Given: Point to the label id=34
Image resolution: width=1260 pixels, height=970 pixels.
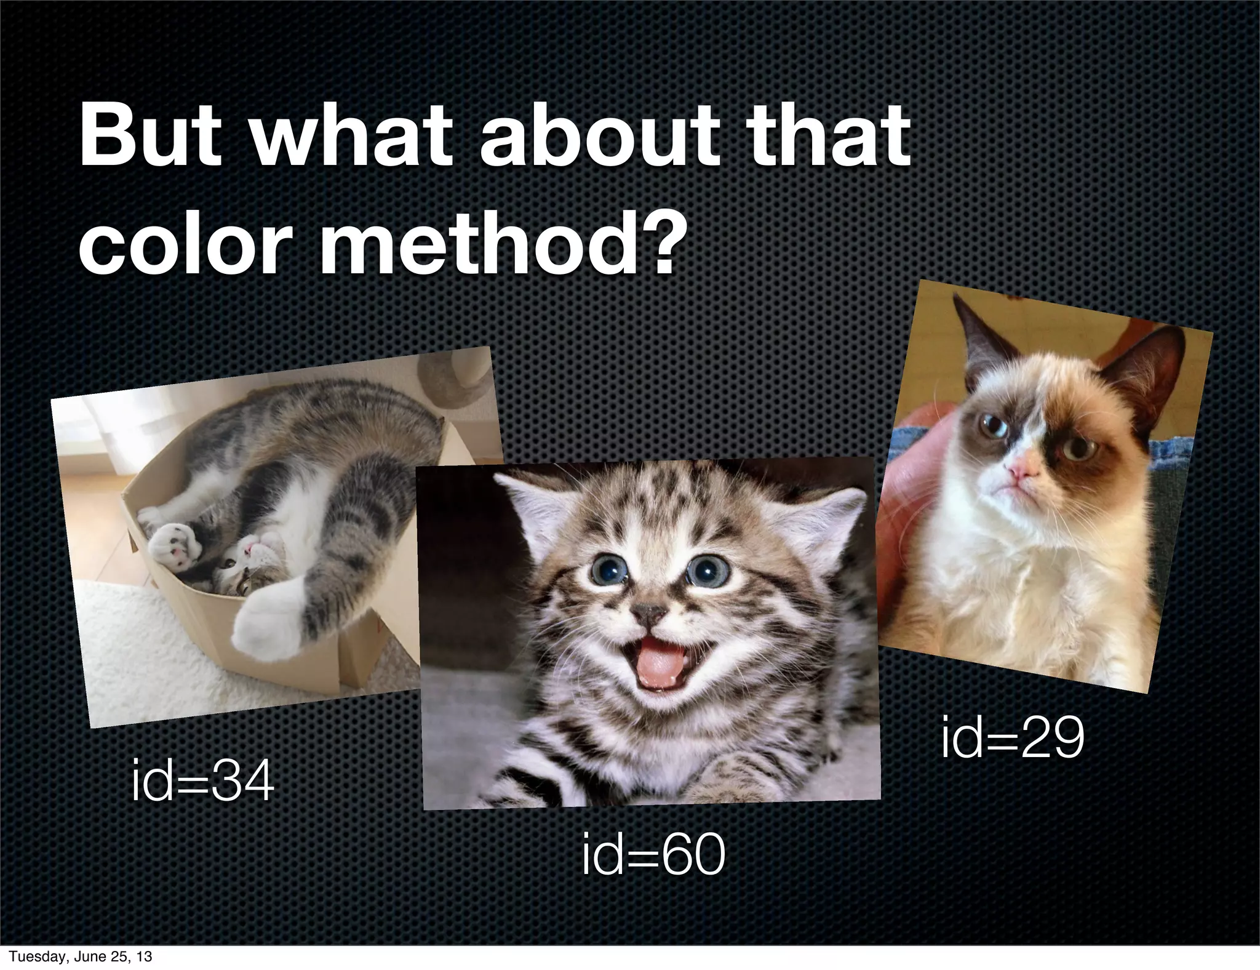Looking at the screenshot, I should (x=202, y=782).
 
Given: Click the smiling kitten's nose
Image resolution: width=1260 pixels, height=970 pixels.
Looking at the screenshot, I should (x=650, y=612).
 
